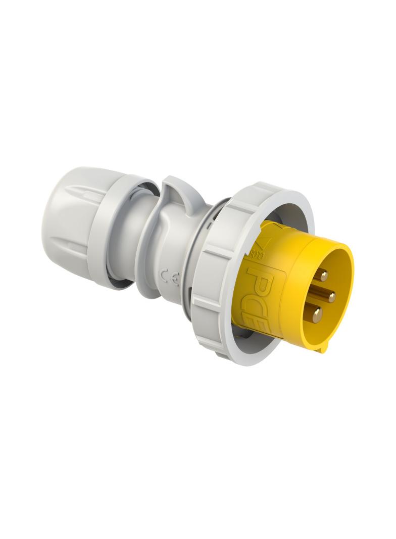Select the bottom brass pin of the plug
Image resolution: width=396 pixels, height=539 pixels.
317,316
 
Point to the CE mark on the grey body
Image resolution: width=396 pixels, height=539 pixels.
168,276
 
